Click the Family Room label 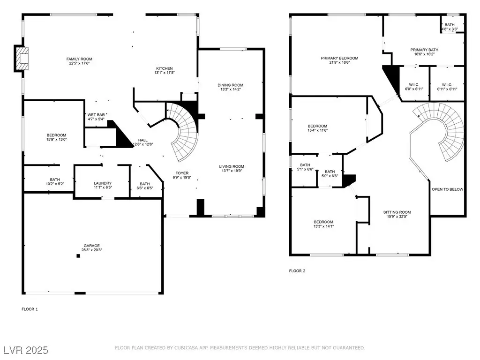(x=79, y=59)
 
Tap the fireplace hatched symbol (x=22, y=58)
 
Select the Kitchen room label (x=165, y=68)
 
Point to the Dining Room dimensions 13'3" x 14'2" (x=231, y=90)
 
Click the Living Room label (x=232, y=166)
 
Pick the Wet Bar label (x=96, y=115)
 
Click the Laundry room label (x=103, y=183)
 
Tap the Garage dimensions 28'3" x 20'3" (x=92, y=250)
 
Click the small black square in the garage (x=78, y=256)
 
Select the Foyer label (x=182, y=173)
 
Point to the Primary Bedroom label (x=339, y=58)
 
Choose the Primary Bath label (x=424, y=50)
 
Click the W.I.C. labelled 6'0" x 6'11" (x=414, y=85)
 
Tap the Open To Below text (x=447, y=189)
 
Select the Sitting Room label (x=397, y=212)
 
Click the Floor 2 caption (x=297, y=271)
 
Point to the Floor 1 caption (x=30, y=309)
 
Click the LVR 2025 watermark (x=26, y=350)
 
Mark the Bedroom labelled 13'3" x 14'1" (x=323, y=222)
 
